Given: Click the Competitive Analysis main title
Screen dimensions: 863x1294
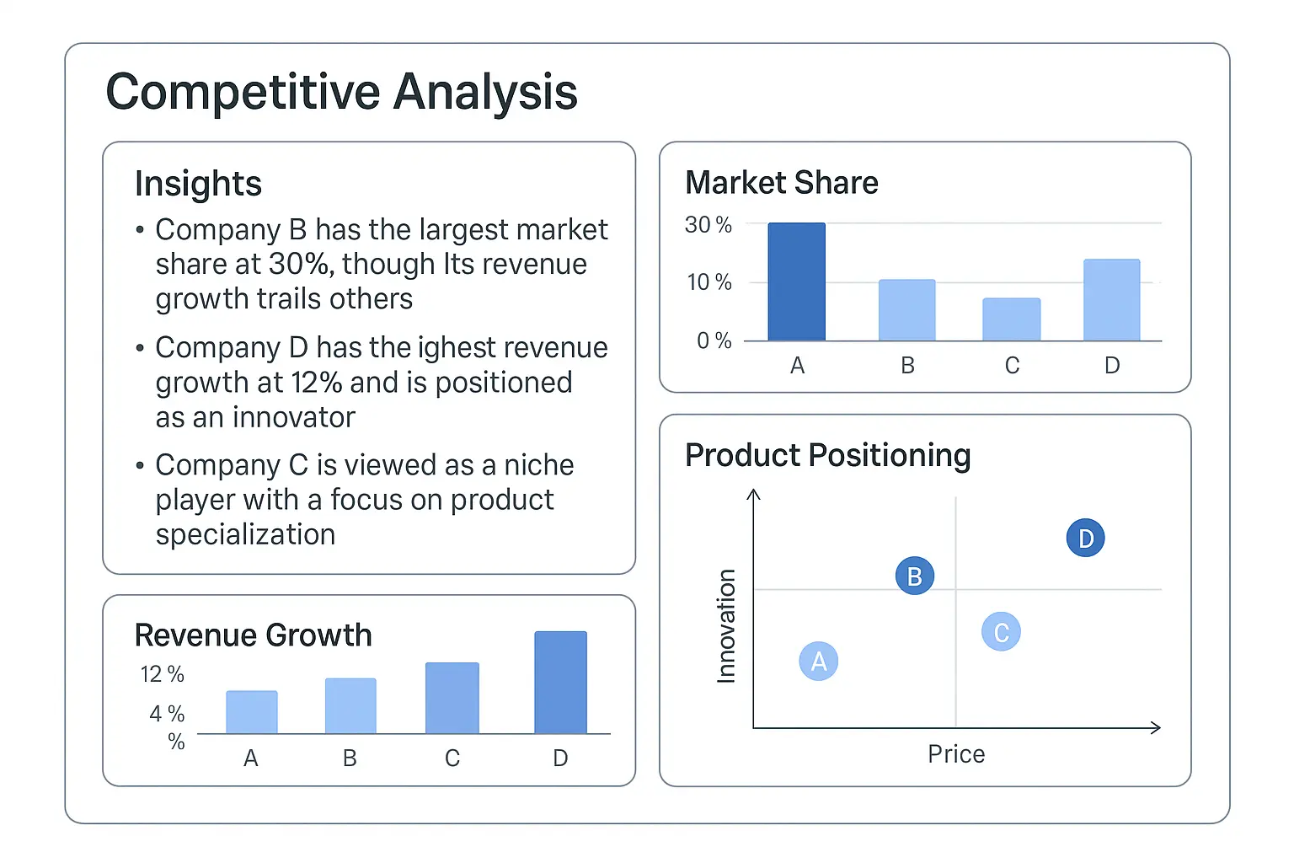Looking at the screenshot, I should pyautogui.click(x=341, y=92).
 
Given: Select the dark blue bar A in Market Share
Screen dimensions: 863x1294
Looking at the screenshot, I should pyautogui.click(x=796, y=281).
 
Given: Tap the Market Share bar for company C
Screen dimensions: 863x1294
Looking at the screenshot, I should pyautogui.click(x=1011, y=319).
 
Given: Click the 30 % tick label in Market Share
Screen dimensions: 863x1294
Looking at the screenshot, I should pyautogui.click(x=708, y=225).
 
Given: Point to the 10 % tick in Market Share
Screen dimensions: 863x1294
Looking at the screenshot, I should pyautogui.click(x=708, y=282).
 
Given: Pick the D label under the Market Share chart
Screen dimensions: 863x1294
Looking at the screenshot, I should pyautogui.click(x=1112, y=366).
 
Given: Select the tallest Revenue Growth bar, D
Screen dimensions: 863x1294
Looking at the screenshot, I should pyautogui.click(x=560, y=683).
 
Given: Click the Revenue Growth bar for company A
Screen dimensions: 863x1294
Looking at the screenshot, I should pyautogui.click(x=251, y=712).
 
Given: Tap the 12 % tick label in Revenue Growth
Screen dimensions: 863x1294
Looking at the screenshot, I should pyautogui.click(x=162, y=674).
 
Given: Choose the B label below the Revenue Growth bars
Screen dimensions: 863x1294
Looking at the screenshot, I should pyautogui.click(x=350, y=758).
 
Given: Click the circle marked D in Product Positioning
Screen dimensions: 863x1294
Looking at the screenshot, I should pyautogui.click(x=1085, y=538).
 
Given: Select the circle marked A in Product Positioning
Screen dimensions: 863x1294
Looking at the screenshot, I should pyautogui.click(x=818, y=662).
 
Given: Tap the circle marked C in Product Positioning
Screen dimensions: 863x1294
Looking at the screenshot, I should pyautogui.click(x=1001, y=632).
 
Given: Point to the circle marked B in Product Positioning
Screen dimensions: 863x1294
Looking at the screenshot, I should pyautogui.click(x=914, y=576).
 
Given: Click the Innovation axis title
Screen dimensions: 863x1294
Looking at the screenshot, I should pyautogui.click(x=726, y=625).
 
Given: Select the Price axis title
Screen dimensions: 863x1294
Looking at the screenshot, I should pyautogui.click(x=956, y=754).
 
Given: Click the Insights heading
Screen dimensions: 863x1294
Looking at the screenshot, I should pyautogui.click(x=198, y=184).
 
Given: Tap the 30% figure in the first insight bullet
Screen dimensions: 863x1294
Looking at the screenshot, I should pyautogui.click(x=298, y=265).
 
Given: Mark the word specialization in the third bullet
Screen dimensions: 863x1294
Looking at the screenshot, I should pyautogui.click(x=245, y=535).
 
